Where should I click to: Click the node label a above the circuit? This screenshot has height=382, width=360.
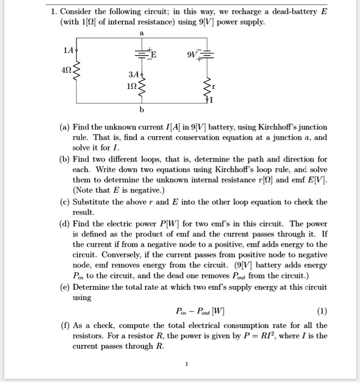(x=141, y=34)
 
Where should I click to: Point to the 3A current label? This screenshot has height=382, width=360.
(x=134, y=74)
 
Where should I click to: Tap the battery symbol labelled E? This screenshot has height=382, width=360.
(x=141, y=53)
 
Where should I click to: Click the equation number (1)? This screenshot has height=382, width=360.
(x=322, y=312)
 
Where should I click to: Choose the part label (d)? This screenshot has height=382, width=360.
(x=65, y=224)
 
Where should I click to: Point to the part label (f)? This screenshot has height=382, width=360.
(x=65, y=326)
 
